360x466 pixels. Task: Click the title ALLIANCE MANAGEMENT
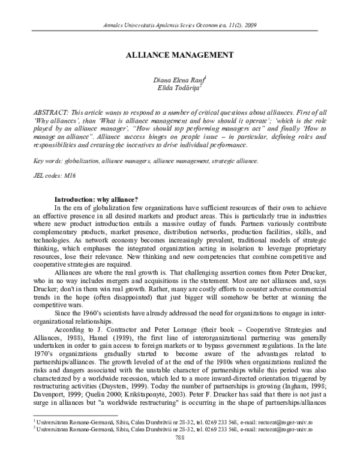pos(180,54)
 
